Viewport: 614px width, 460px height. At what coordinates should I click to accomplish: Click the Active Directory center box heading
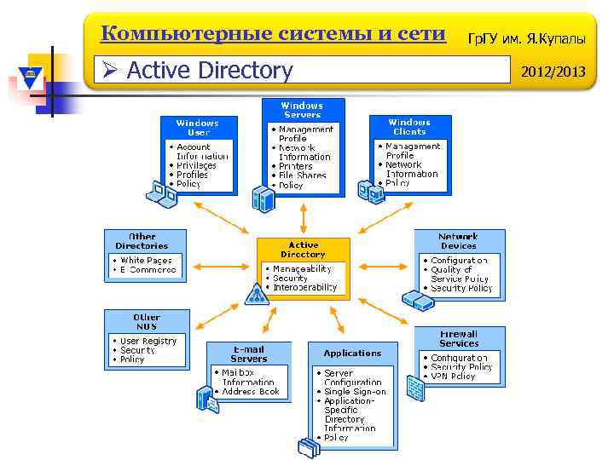coord(303,249)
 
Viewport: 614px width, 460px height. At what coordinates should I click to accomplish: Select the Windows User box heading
coord(197,128)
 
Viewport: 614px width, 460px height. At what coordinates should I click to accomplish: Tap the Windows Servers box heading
coord(302,110)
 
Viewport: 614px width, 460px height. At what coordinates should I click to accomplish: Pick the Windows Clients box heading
coord(409,127)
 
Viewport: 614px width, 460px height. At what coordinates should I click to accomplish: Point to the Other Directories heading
coord(142,240)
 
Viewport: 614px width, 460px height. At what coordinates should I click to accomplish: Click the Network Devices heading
coord(458,240)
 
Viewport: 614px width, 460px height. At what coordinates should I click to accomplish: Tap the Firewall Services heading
coord(459,338)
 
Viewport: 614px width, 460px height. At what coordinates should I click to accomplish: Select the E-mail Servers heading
coord(248,354)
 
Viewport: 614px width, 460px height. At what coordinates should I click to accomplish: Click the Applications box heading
coord(352,353)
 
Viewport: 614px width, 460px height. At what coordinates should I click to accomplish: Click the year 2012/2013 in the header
coord(557,71)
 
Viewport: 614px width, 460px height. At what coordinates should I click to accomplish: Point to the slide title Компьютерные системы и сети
coord(273,34)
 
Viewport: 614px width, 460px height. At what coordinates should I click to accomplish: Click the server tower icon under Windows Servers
coord(264,198)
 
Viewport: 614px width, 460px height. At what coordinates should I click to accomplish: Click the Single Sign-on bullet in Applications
coord(355,392)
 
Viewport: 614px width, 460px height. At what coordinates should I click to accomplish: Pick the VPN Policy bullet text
coord(453,376)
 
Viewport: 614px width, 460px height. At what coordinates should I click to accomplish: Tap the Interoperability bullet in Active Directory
coord(304,287)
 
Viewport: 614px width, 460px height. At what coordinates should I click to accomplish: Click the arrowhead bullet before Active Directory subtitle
coord(108,70)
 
